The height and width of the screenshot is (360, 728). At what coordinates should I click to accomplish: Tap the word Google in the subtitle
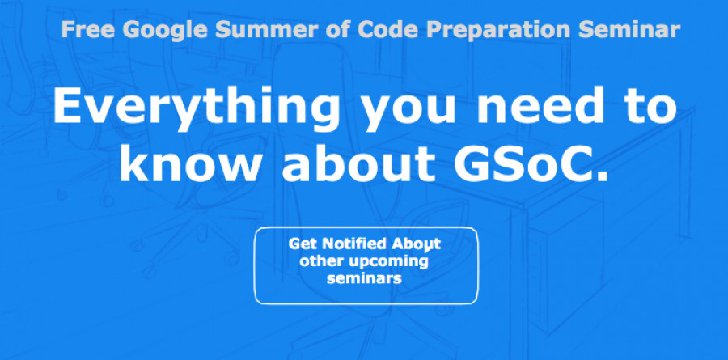(165, 31)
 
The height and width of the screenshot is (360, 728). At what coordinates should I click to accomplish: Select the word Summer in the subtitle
(267, 29)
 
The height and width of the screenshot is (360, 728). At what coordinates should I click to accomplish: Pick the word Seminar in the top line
(629, 29)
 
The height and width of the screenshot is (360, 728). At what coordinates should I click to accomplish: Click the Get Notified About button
(366, 265)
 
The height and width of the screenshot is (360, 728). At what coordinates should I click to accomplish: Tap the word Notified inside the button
(354, 244)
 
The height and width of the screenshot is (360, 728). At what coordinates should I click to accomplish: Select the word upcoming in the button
(388, 262)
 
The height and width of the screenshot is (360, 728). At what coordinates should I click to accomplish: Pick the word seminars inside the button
(365, 279)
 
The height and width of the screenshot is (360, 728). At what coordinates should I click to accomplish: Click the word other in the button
(321, 261)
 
